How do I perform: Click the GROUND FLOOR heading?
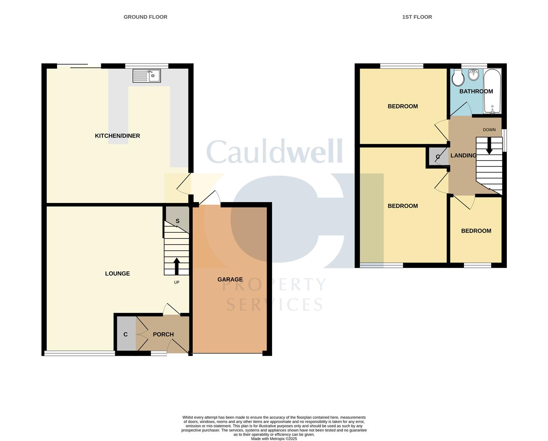(x=145, y=17)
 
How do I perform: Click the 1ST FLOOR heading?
(x=417, y=17)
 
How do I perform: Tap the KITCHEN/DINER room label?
(x=117, y=136)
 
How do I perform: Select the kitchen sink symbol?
(x=147, y=76)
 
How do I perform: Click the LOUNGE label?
(x=117, y=274)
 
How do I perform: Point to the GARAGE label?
(x=230, y=279)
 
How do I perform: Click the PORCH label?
(x=163, y=334)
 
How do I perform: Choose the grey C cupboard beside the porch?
(x=126, y=334)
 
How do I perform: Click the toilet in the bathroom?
(x=457, y=77)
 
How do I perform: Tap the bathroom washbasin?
(x=474, y=75)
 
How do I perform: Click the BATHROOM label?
(x=476, y=91)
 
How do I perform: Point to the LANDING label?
(x=463, y=156)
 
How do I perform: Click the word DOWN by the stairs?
(x=489, y=130)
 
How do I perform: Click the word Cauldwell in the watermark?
(x=275, y=151)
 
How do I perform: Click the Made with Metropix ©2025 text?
(x=274, y=439)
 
